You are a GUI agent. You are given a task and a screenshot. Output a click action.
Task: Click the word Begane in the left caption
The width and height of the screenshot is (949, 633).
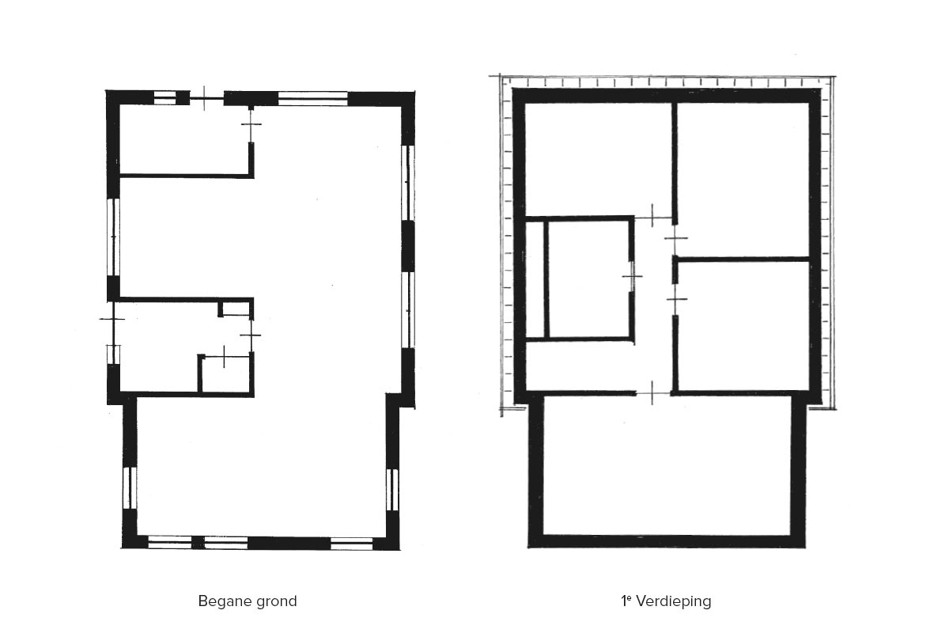223,601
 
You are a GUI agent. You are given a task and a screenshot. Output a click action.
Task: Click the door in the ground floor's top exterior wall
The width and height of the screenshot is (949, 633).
206,98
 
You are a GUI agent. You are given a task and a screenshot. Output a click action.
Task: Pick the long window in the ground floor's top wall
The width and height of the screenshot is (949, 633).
312,98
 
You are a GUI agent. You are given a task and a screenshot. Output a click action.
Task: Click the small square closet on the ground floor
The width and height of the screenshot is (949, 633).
225,374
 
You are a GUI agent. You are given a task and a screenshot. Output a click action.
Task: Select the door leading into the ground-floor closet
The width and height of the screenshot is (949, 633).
225,357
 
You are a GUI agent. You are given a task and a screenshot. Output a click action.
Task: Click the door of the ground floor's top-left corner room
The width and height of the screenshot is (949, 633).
251,126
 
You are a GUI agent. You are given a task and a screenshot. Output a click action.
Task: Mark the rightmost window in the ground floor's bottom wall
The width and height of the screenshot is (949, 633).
351,543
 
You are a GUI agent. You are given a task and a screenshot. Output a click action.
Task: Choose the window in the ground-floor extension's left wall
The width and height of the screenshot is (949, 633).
130,487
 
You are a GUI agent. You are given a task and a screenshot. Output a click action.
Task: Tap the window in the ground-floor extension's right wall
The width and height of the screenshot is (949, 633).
392,490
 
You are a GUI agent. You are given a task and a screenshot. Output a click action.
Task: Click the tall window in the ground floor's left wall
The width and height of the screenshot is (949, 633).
113,237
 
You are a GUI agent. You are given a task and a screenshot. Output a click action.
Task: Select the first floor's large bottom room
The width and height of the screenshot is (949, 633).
667,465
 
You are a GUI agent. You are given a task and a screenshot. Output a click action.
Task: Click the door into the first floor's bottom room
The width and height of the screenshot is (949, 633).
653,394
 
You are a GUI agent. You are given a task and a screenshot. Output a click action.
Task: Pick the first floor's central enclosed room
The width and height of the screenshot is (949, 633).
588,279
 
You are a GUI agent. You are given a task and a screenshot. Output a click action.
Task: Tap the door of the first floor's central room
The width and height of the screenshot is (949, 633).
632,276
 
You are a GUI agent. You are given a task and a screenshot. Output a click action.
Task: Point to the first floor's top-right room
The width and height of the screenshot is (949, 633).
743,180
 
